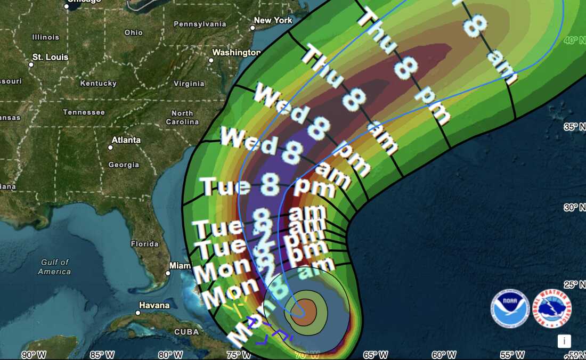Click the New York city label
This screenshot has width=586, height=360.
click(273, 20)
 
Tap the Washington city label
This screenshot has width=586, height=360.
click(237, 52)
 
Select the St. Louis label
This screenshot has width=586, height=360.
click(51, 57)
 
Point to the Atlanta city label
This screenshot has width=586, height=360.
click(126, 140)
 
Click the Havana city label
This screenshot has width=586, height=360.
click(154, 305)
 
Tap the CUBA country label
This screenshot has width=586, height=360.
click(186, 332)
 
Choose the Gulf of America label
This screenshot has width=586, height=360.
click(55, 267)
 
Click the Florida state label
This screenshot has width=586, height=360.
click(144, 244)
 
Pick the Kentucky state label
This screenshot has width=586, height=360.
click(99, 83)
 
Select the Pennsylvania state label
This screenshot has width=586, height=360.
click(200, 24)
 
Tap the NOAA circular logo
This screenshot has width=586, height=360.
click(510, 308)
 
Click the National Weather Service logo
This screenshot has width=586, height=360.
click(552, 308)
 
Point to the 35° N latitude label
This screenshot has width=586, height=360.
click(574, 127)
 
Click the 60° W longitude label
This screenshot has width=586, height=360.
click(444, 355)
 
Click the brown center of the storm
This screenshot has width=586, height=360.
click(304, 312)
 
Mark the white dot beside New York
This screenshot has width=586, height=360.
click(253, 28)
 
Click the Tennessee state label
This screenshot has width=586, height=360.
click(84, 112)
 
